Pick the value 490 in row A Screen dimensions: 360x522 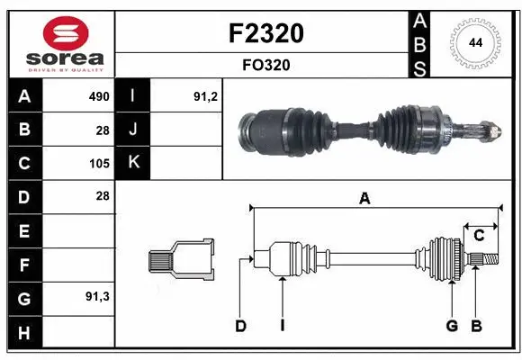(x=98, y=96)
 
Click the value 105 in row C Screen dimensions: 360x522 (x=98, y=164)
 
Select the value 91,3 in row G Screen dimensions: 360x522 (x=96, y=296)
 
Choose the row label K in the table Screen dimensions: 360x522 (x=134, y=163)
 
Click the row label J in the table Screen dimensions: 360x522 (x=134, y=130)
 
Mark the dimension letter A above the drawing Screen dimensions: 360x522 (x=364, y=199)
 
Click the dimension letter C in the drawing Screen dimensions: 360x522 (x=479, y=235)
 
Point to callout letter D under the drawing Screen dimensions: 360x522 (x=240, y=326)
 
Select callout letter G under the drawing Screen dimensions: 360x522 (x=452, y=326)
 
